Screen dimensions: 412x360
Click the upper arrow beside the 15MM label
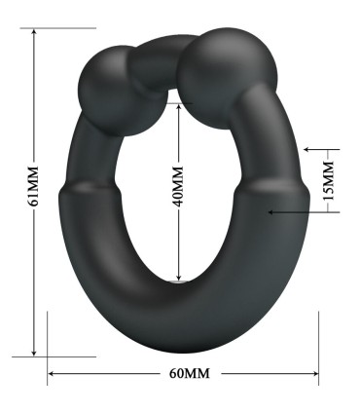pos(308,150)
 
